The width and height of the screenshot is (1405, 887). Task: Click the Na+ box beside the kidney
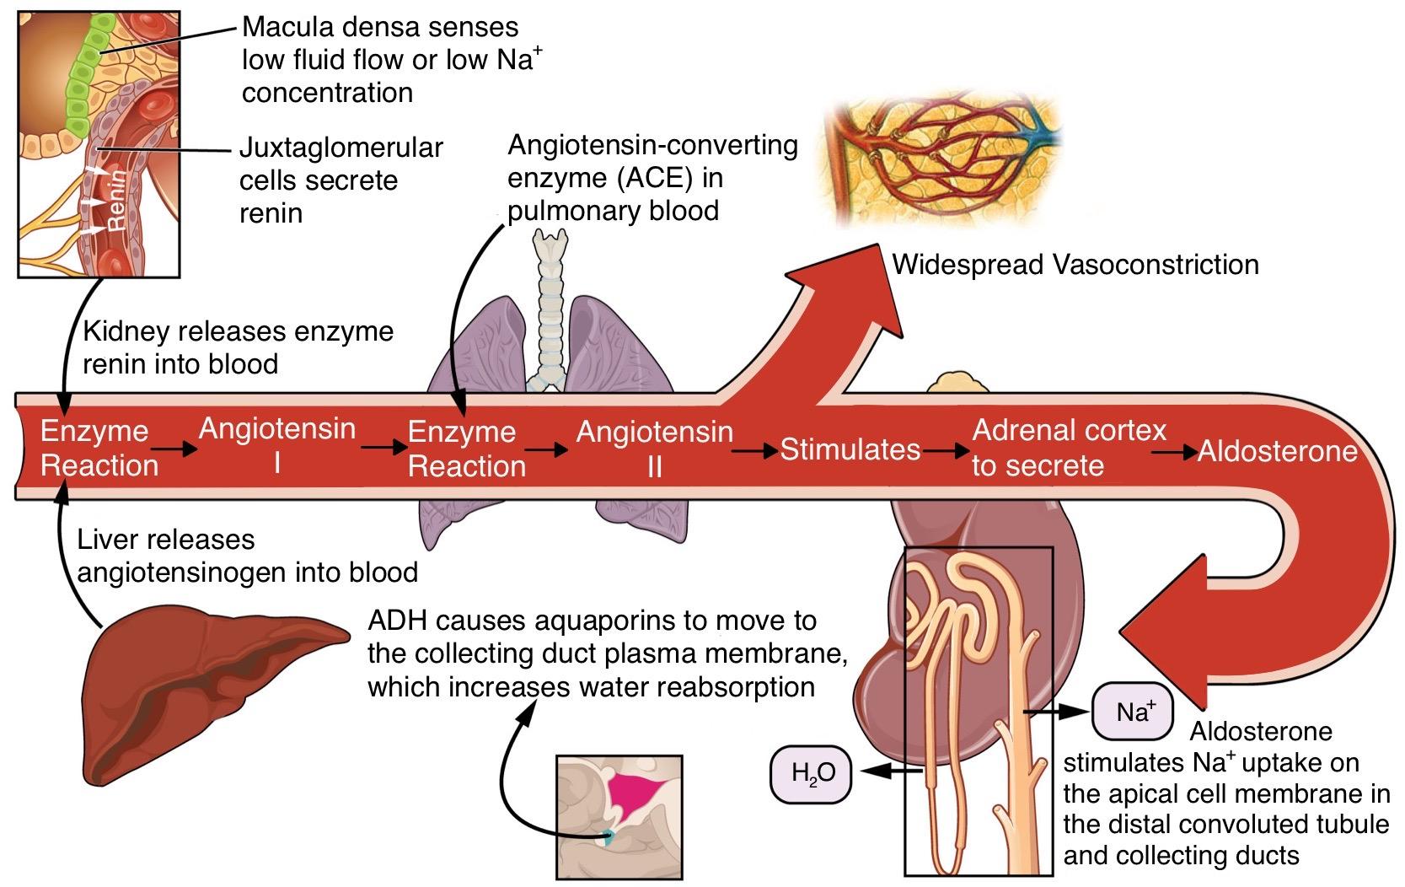pyautogui.click(x=1132, y=712)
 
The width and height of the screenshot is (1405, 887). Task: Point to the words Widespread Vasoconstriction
pyautogui.click(x=1075, y=265)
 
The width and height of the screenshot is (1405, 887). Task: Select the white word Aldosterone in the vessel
pyautogui.click(x=1276, y=451)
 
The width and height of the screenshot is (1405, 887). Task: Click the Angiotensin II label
pyautogui.click(x=654, y=448)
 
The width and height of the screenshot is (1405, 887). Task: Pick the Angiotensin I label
pyautogui.click(x=276, y=444)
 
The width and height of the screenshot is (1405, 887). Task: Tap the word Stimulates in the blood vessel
pyautogui.click(x=849, y=449)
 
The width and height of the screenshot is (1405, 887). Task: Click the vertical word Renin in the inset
pyautogui.click(x=116, y=199)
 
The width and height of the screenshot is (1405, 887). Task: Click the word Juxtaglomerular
pyautogui.click(x=341, y=148)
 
